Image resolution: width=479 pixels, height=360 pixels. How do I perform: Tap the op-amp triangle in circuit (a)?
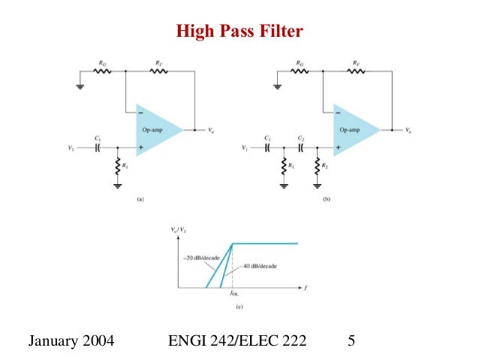[x=156, y=129]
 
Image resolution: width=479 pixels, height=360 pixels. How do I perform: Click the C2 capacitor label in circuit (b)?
[x=299, y=139]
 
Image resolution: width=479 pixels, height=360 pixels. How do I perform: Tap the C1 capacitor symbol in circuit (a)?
[x=98, y=148]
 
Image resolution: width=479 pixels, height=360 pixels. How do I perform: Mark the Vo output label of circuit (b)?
[x=409, y=130]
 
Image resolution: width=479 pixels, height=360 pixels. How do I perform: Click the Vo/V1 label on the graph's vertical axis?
[x=177, y=230]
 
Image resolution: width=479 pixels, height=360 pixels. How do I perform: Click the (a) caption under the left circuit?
[x=139, y=199]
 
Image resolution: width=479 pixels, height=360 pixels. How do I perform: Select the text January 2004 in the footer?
[x=71, y=343]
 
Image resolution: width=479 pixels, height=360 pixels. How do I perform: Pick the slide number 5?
[x=351, y=343]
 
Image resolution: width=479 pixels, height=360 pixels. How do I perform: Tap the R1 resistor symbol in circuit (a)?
[x=118, y=165]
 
